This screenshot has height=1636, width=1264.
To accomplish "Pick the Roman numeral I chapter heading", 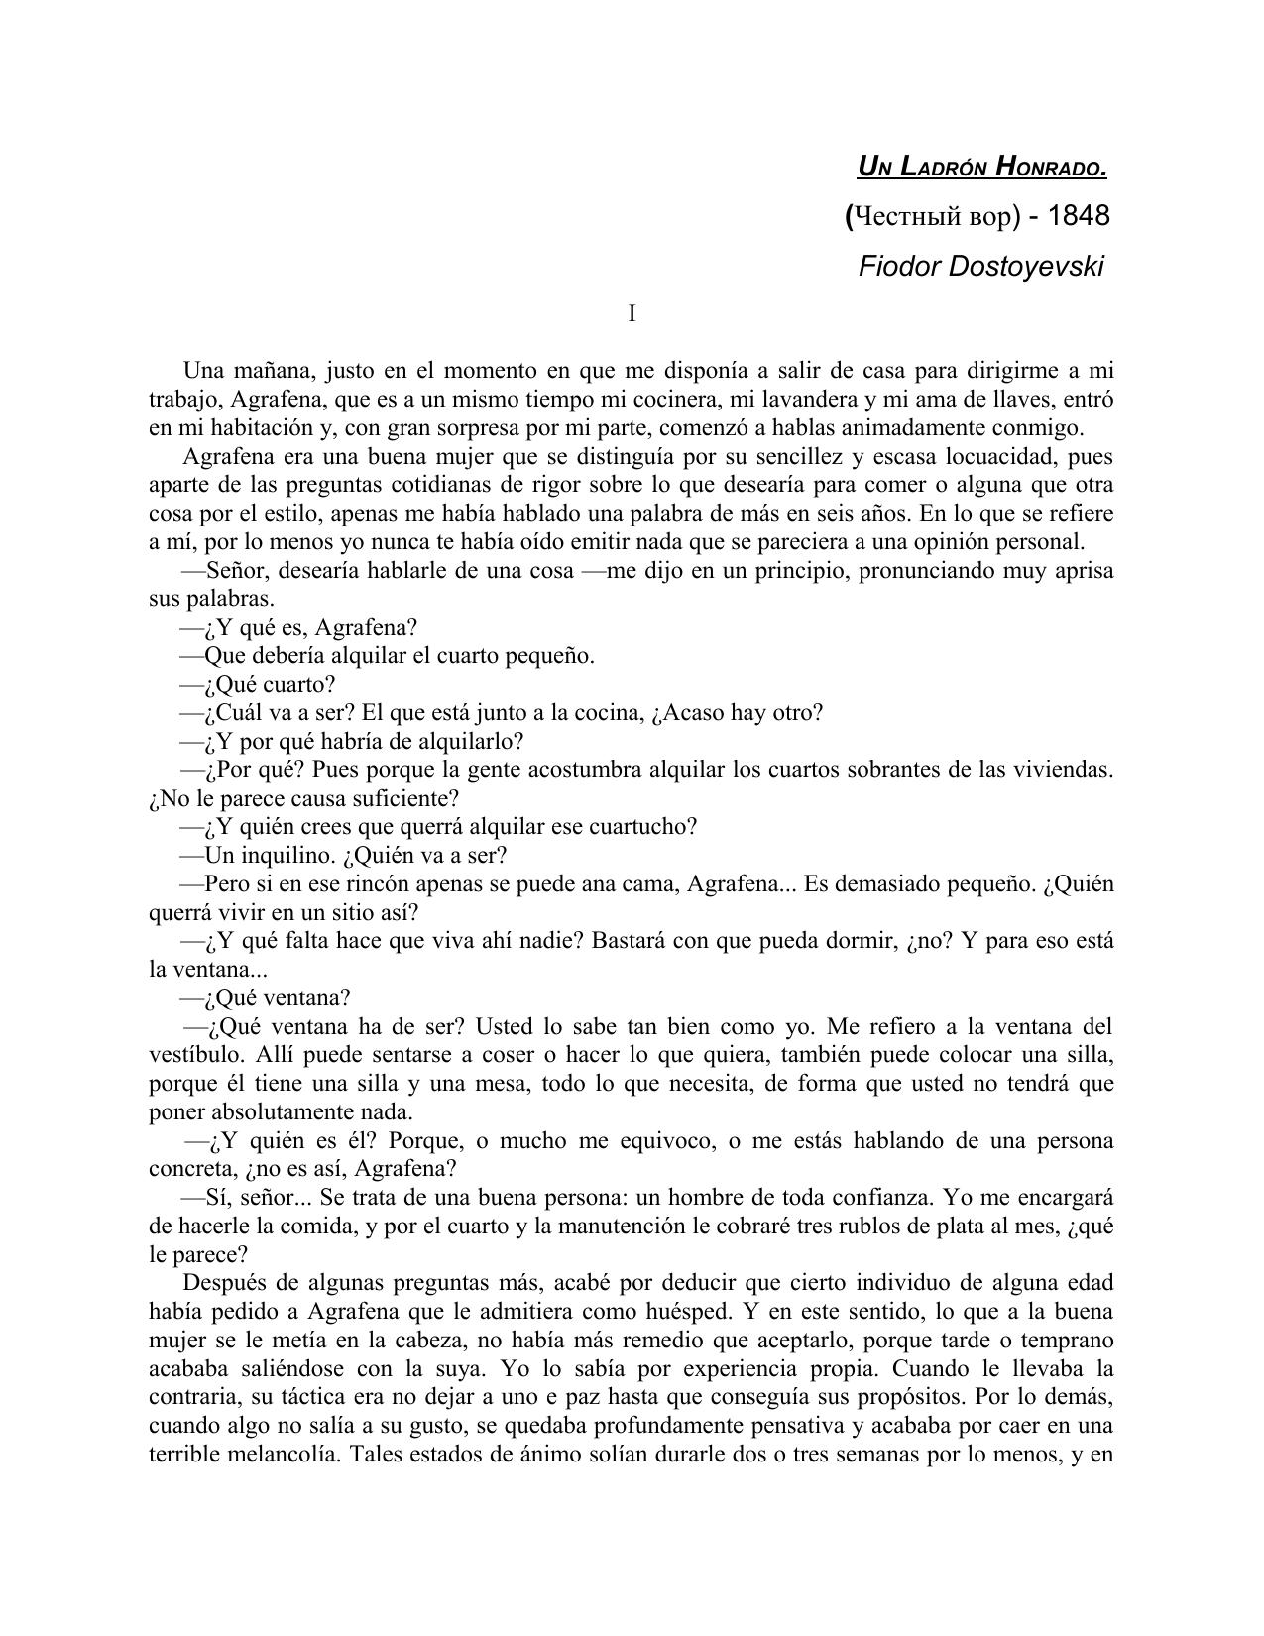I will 632,314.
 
